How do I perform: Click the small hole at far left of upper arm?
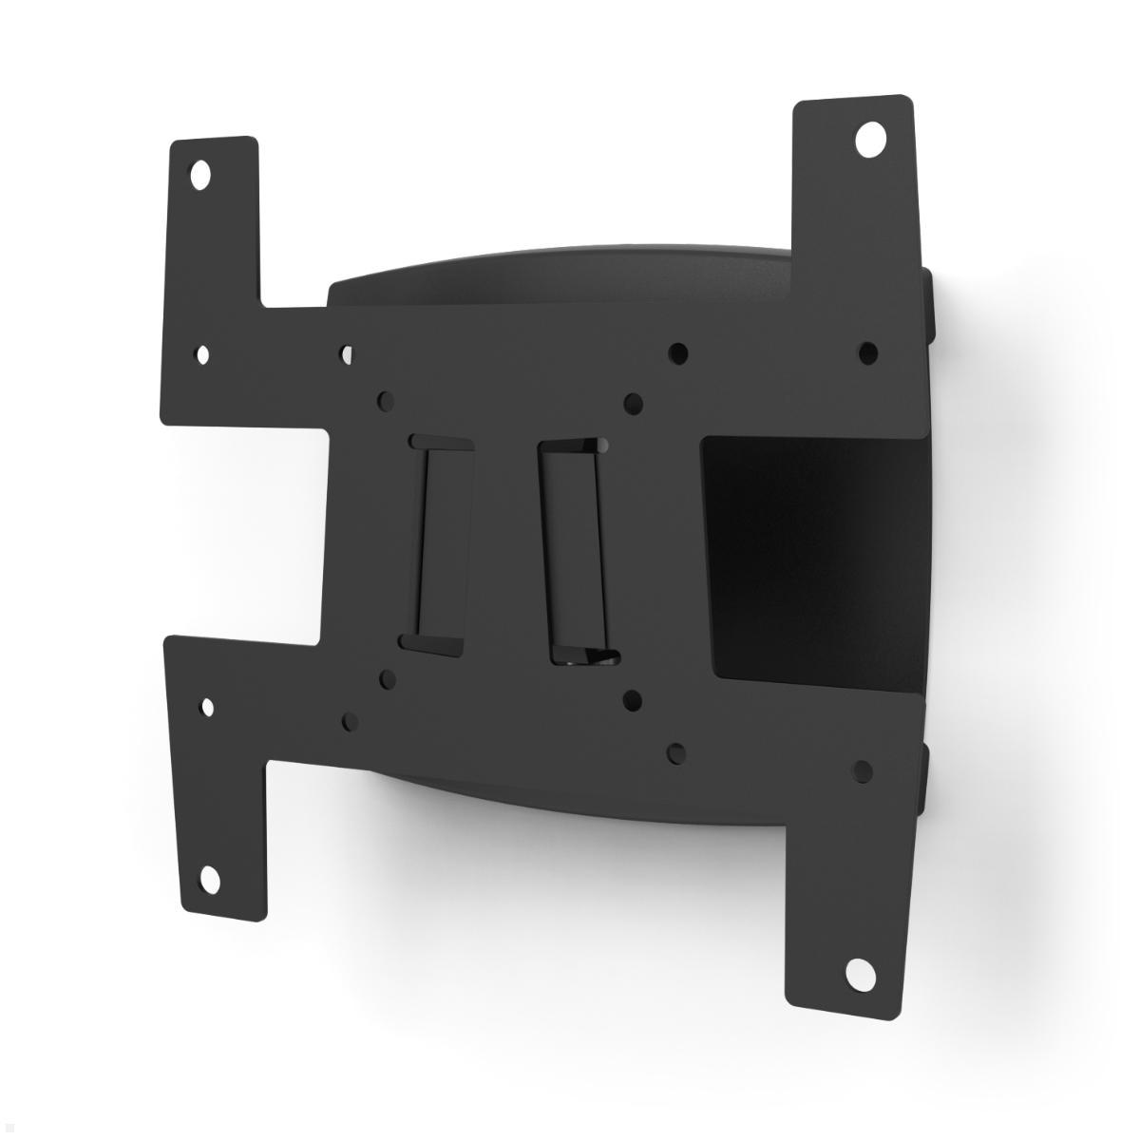pyautogui.click(x=202, y=354)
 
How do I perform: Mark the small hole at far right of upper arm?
pyautogui.click(x=867, y=352)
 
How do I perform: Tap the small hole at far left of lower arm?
pyautogui.click(x=208, y=708)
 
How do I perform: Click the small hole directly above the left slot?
pyautogui.click(x=385, y=400)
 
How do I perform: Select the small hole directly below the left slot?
pyautogui.click(x=386, y=680)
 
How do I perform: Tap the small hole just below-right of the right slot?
pyautogui.click(x=631, y=701)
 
